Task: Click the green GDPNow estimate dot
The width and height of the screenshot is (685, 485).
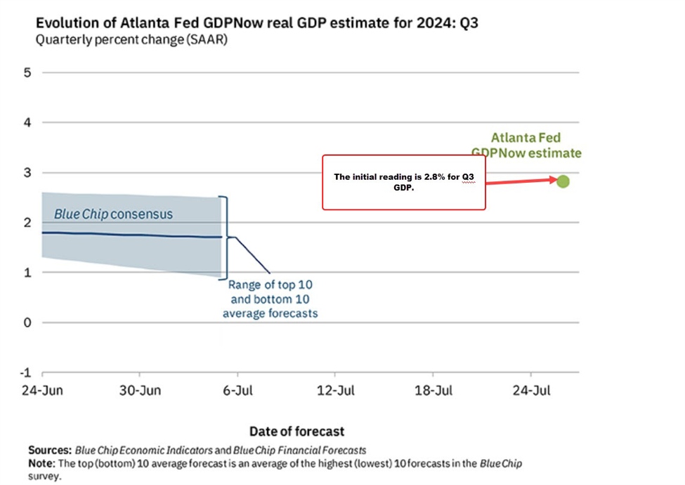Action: tap(563, 181)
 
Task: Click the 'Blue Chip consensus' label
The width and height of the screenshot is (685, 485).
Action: tap(113, 214)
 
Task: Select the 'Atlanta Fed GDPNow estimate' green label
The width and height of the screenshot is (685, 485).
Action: tap(526, 145)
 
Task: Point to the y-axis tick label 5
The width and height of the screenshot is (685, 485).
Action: tap(27, 72)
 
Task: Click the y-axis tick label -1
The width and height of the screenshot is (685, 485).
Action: tap(25, 373)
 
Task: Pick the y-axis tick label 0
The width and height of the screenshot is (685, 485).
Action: tap(27, 323)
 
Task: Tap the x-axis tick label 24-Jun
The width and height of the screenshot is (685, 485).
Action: tap(42, 391)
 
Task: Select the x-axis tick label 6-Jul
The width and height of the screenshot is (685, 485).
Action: tap(237, 391)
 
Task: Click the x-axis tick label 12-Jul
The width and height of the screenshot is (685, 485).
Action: tap(335, 391)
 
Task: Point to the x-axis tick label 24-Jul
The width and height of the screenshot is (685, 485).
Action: tap(530, 391)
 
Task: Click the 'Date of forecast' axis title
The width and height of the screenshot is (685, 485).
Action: tap(297, 431)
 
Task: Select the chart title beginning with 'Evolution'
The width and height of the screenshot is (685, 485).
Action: tap(257, 23)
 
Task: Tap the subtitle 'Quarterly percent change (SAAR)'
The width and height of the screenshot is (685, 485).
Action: tap(131, 39)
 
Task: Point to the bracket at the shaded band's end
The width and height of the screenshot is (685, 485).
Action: tap(225, 237)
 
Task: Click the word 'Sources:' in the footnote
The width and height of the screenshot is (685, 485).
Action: tap(49, 450)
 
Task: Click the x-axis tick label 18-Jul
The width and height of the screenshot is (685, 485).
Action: tap(433, 391)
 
